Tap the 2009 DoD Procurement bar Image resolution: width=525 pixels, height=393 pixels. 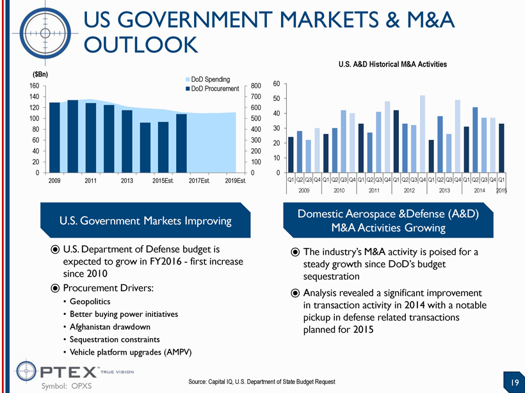[x=54, y=137]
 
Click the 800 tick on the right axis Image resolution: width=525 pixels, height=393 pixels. [x=256, y=86]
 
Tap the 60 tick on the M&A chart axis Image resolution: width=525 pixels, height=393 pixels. [x=277, y=84]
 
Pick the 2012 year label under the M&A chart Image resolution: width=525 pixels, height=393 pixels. [x=408, y=190]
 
